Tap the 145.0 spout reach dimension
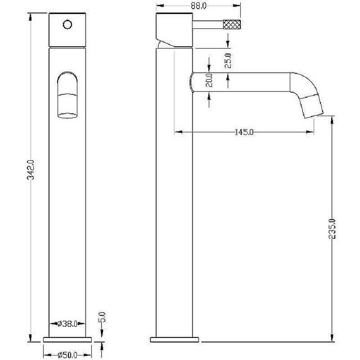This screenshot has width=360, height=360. point(244,132)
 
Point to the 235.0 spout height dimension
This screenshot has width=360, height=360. point(332,229)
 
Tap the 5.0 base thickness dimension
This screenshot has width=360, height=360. point(102,317)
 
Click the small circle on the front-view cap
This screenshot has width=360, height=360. point(67,24)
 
